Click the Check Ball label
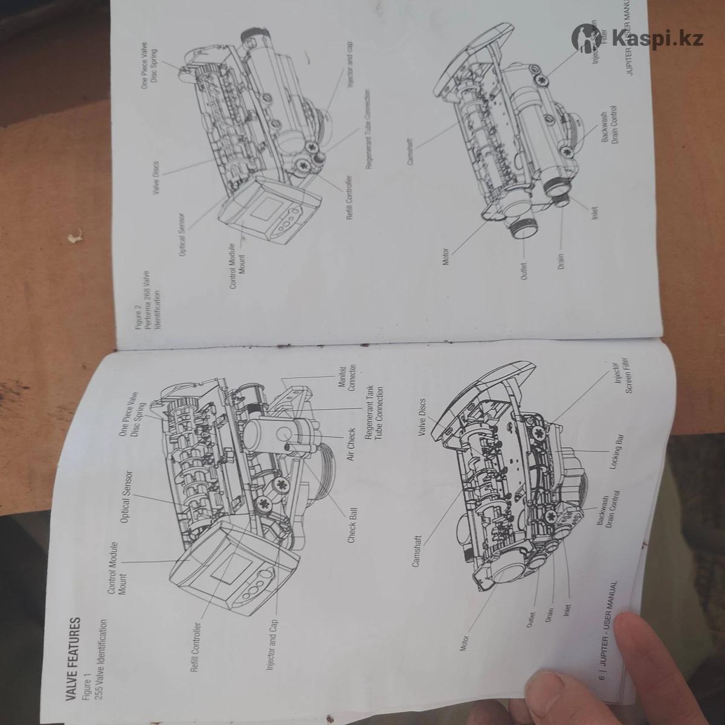pos(352,524)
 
